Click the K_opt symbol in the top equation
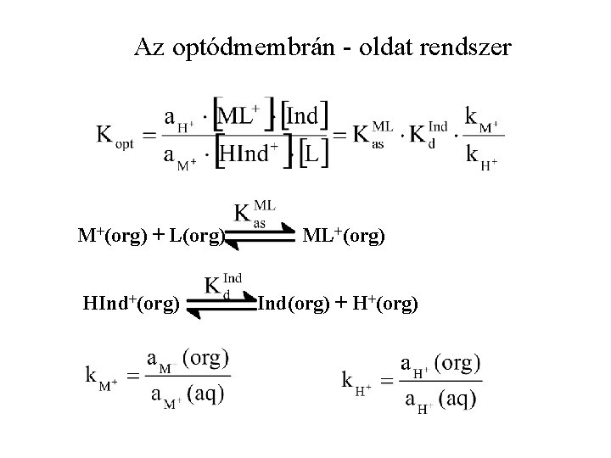click(x=114, y=136)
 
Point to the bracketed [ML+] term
click(x=244, y=116)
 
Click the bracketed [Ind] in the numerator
click(x=306, y=116)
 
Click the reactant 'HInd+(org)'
click(x=129, y=301)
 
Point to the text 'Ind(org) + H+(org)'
click(x=338, y=301)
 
